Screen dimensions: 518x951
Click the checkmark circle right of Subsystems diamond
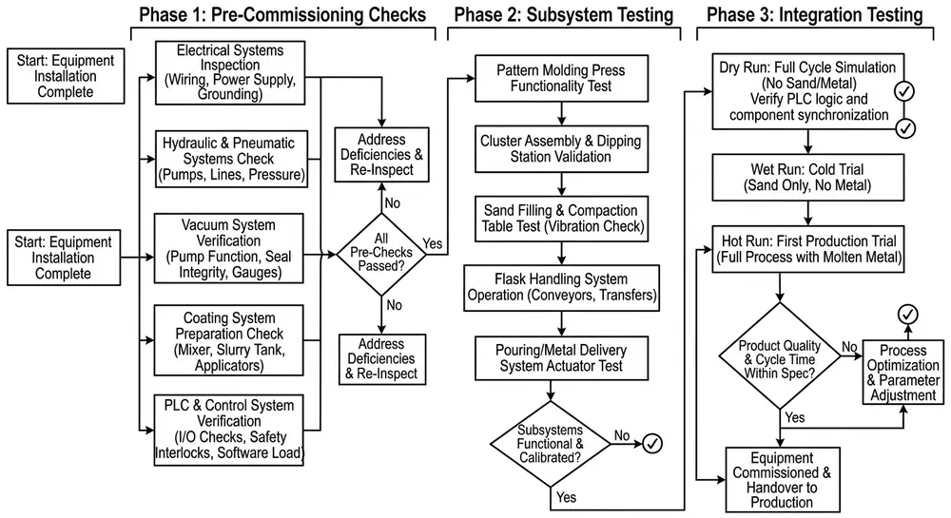point(653,442)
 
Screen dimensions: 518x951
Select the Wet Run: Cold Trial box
point(808,179)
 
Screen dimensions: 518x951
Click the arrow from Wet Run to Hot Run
point(807,213)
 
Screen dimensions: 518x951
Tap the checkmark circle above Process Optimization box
point(909,315)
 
